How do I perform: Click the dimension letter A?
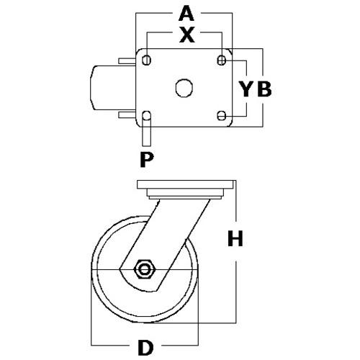pos(186,14)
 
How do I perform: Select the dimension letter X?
pos(187,35)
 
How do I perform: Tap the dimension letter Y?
pos(246,89)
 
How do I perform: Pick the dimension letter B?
pos(264,89)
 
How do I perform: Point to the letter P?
pos(147,160)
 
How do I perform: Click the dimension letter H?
pos(235,238)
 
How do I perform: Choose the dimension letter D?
pos(145,348)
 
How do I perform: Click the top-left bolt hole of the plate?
pos(146,60)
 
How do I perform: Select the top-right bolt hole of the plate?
pos(222,60)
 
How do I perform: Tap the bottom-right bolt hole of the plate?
pos(222,116)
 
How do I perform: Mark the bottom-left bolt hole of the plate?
pos(146,115)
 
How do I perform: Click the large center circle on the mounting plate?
pos(184,88)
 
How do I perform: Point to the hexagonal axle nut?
pos(145,269)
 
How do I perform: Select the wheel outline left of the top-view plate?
pos(113,88)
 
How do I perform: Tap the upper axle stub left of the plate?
pos(127,61)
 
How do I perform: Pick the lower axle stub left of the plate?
pos(127,114)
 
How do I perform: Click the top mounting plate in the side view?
pos(185,184)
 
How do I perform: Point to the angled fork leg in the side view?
pos(165,245)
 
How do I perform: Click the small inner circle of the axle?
pos(145,269)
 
